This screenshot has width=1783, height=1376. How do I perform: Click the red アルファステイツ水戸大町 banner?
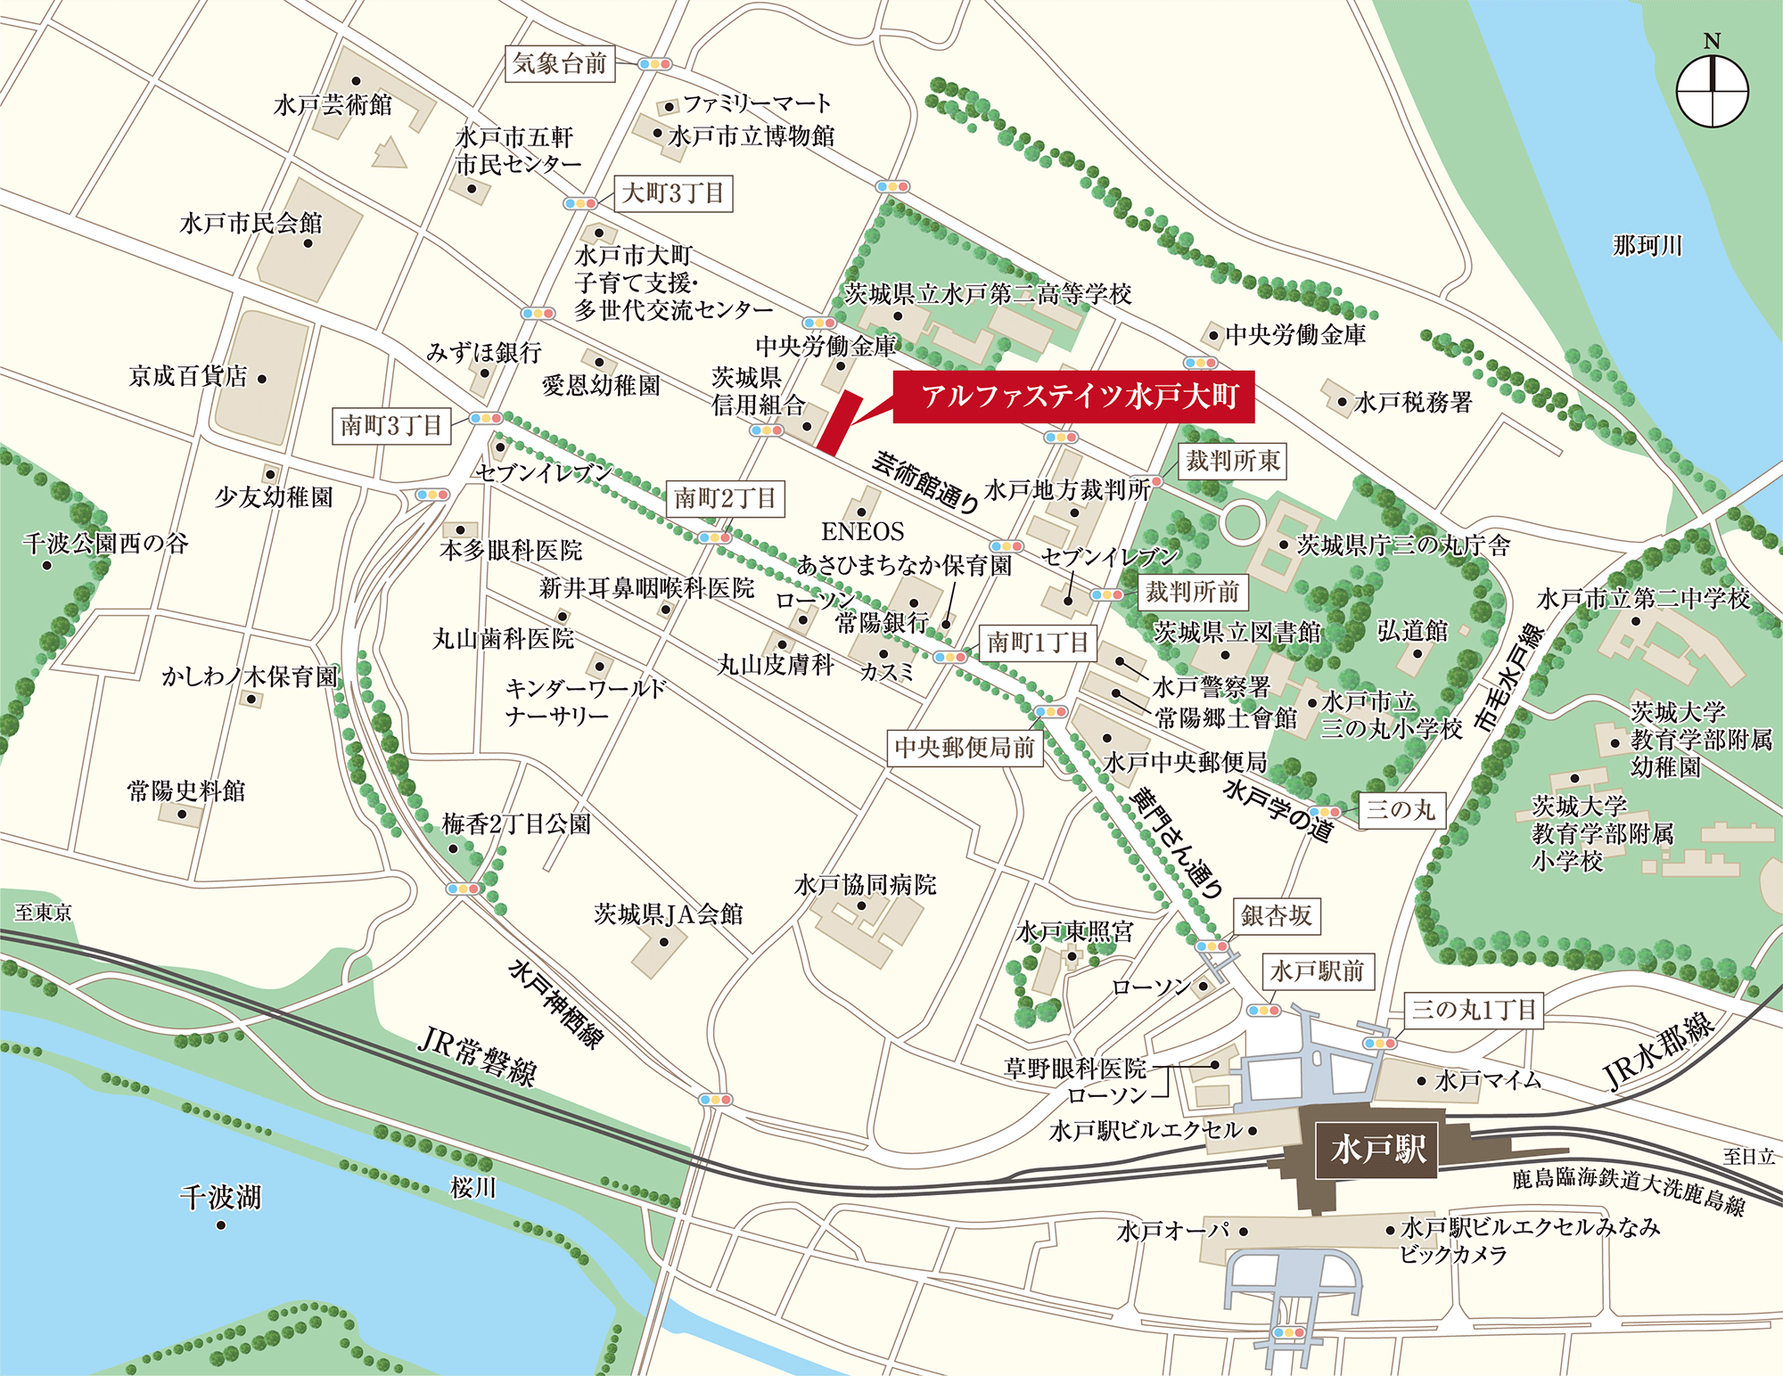1073,396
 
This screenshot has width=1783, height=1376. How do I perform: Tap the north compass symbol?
1712,90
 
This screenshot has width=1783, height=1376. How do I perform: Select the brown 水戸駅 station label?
1376,1150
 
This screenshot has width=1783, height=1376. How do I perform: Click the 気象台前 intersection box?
560,63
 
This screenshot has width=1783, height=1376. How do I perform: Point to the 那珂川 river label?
1647,246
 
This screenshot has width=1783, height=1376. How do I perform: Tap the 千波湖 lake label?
220,1196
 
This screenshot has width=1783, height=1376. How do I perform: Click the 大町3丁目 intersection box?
674,193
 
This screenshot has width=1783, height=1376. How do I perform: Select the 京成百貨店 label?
188,376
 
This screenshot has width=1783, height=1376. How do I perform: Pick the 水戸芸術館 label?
333,105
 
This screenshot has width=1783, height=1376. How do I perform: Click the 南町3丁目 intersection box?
391,425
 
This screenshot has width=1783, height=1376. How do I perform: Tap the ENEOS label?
862,532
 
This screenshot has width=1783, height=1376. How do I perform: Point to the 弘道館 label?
1412,631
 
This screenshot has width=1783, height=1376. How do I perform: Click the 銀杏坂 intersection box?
1276,915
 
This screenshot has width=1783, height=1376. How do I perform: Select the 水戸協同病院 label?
865,884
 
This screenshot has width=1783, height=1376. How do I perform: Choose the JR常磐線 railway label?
477,1057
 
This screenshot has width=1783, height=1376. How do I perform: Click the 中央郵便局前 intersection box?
965,748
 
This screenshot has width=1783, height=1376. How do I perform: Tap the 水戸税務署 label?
1413,403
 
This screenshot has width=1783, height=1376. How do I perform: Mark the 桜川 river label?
472,1187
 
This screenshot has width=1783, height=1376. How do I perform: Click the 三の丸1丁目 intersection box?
1474,1010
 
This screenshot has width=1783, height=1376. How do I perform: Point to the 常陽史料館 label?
185,790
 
